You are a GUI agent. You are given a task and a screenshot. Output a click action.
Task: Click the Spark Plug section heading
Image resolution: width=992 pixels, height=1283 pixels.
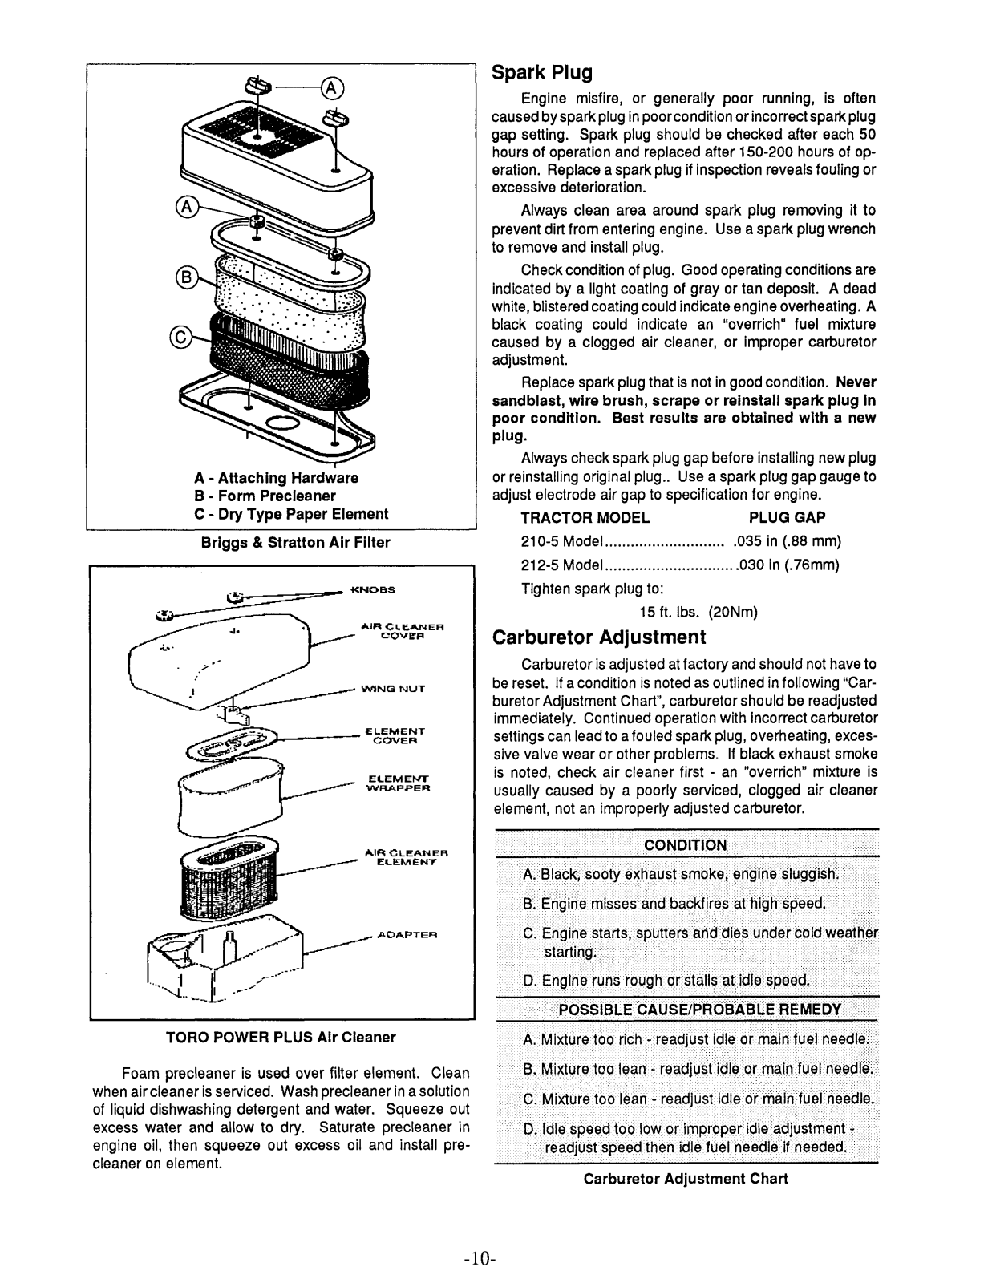(542, 73)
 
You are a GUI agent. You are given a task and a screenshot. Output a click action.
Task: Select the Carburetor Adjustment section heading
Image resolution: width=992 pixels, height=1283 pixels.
(598, 637)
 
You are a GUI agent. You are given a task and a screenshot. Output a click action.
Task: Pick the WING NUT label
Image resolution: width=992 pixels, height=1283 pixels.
(393, 688)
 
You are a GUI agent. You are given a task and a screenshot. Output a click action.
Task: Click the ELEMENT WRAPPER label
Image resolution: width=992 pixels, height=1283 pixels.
(398, 783)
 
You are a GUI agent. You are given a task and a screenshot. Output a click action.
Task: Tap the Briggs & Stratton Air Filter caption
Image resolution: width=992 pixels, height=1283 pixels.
(295, 543)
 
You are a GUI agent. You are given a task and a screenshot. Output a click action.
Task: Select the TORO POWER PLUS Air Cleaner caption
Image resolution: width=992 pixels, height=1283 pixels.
(281, 1037)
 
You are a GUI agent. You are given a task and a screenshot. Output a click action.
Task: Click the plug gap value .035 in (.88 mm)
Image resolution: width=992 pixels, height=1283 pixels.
(787, 541)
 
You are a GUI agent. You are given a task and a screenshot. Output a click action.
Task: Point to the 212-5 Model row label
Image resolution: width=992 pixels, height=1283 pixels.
(561, 565)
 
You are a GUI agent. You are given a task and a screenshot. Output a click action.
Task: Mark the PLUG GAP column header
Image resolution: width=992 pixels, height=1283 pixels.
(787, 518)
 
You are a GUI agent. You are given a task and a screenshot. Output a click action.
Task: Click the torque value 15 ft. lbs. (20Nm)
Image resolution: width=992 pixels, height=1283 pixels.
(698, 613)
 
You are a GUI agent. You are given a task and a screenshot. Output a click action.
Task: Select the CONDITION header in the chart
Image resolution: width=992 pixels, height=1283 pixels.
(686, 844)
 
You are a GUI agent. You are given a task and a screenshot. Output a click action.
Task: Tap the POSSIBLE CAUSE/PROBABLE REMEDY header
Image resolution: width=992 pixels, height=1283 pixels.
(699, 1009)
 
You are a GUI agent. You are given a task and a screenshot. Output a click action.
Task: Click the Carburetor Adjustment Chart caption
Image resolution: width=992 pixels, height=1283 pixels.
(686, 1179)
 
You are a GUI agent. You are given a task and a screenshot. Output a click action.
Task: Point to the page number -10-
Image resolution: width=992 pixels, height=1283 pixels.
(481, 1259)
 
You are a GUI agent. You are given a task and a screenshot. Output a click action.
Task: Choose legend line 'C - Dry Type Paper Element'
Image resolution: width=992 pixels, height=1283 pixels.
(291, 514)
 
